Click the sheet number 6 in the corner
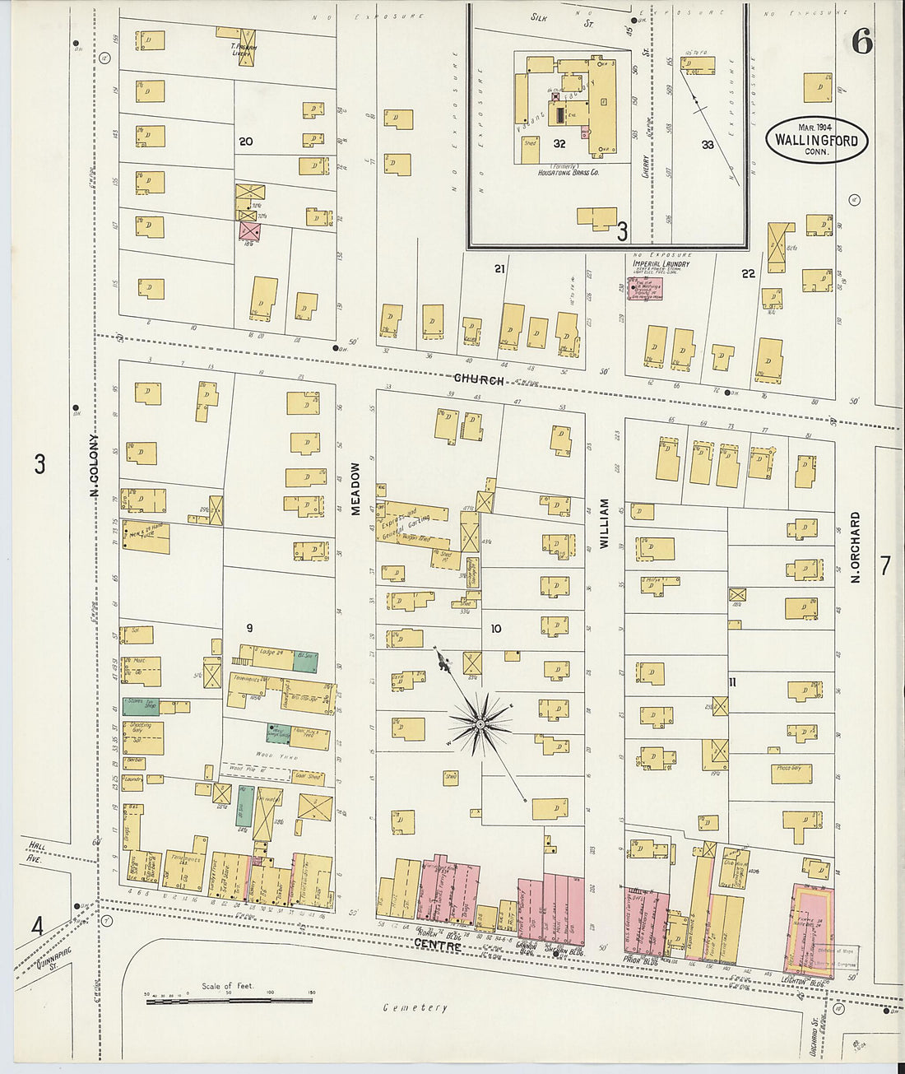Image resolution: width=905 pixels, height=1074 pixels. [861, 40]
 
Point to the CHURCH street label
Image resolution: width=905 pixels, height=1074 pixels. [480, 379]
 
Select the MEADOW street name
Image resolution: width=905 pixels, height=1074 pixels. [356, 489]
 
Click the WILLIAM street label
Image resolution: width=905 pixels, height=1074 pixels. [604, 523]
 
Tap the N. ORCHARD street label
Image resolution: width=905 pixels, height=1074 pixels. [856, 548]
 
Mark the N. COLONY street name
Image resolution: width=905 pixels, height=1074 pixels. [95, 465]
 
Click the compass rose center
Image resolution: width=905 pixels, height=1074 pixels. [480, 723]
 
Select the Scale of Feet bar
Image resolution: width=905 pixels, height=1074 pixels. [217, 1001]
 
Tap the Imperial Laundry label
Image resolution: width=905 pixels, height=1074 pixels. [661, 263]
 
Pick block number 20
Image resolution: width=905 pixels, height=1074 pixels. [245, 142]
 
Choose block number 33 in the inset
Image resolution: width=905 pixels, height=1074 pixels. [707, 145]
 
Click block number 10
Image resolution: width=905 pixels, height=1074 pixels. [495, 629]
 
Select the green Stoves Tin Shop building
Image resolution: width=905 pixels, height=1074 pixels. [141, 705]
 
